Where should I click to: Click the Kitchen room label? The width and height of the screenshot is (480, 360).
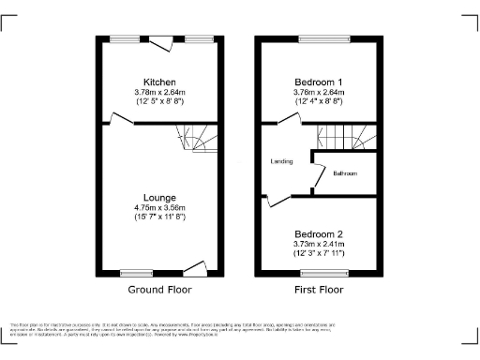pyautogui.click(x=159, y=82)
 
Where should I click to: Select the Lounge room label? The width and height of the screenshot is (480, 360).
pyautogui.click(x=159, y=198)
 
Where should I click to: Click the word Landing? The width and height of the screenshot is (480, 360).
pyautogui.click(x=281, y=161)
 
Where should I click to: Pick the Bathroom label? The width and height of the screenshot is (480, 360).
pyautogui.click(x=343, y=172)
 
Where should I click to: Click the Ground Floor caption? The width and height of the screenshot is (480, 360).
pyautogui.click(x=159, y=290)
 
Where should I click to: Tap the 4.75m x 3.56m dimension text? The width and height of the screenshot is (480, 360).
pyautogui.click(x=159, y=207)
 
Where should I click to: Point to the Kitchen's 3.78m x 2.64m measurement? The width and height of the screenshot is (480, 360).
pyautogui.click(x=159, y=92)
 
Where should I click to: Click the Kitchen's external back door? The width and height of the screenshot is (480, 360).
pyautogui.click(x=164, y=41)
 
